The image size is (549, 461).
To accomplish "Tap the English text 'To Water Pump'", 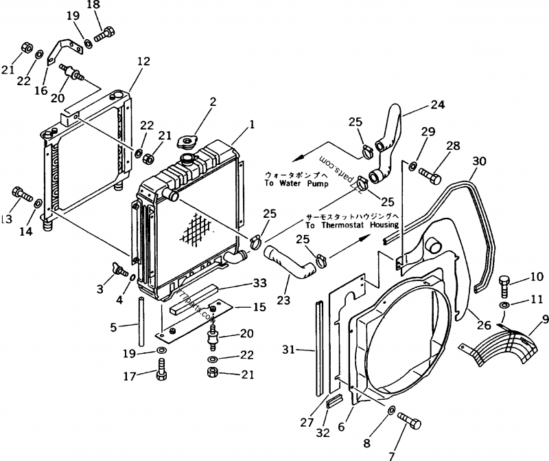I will click(296, 183).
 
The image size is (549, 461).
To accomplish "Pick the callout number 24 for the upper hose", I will click(437, 105).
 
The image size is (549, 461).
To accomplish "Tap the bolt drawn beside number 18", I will click(106, 33).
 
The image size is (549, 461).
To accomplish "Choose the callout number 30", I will click(480, 161).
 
